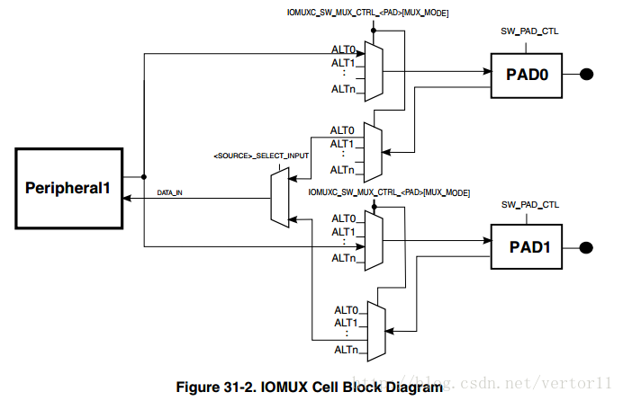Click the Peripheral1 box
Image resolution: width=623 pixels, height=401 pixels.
[68, 189]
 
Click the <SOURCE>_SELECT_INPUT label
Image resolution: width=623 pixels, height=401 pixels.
[261, 156]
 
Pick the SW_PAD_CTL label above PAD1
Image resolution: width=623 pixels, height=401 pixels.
[529, 205]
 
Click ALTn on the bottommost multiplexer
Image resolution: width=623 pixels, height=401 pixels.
[346, 350]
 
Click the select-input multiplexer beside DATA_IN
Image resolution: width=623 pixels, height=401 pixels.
[280, 197]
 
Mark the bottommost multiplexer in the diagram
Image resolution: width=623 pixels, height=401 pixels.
[375, 327]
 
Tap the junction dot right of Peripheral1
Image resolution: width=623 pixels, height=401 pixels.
[144, 176]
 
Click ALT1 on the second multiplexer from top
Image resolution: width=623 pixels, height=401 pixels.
[341, 144]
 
